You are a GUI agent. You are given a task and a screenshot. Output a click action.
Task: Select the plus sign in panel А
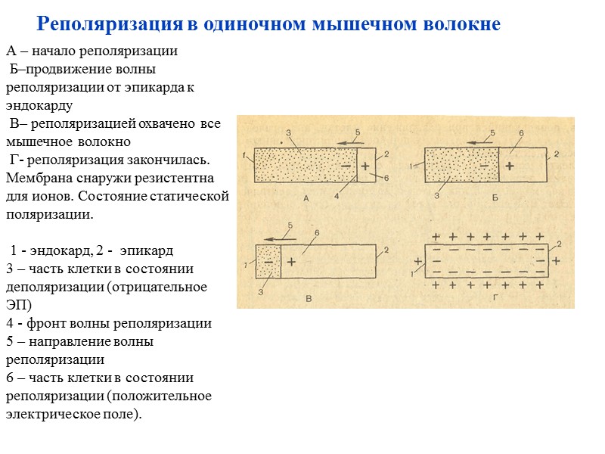[365, 165]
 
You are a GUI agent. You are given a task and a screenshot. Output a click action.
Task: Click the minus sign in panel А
[346, 165]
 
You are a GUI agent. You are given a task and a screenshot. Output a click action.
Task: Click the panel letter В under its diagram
[308, 300]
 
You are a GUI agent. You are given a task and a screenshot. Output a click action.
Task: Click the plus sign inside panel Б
[509, 165]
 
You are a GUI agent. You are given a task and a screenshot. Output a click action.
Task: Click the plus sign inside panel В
[291, 260]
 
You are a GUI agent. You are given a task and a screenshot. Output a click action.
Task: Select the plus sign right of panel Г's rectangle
[556, 260]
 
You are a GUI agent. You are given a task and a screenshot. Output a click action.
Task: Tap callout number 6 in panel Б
[521, 133]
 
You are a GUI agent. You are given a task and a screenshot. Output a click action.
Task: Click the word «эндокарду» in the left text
[39, 105]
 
